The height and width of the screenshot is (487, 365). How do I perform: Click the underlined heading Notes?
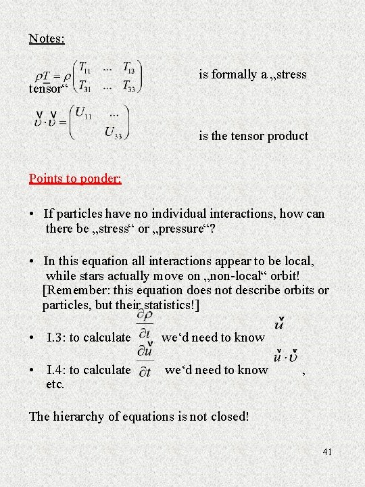tap(47, 39)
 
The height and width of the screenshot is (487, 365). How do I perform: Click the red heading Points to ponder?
tap(75, 179)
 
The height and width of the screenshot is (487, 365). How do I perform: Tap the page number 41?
tap(327, 452)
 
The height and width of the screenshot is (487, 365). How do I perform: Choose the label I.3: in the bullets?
tap(62, 337)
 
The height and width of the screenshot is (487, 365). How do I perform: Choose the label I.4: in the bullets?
tap(62, 369)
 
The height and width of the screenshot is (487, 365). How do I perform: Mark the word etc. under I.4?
tap(55, 384)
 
